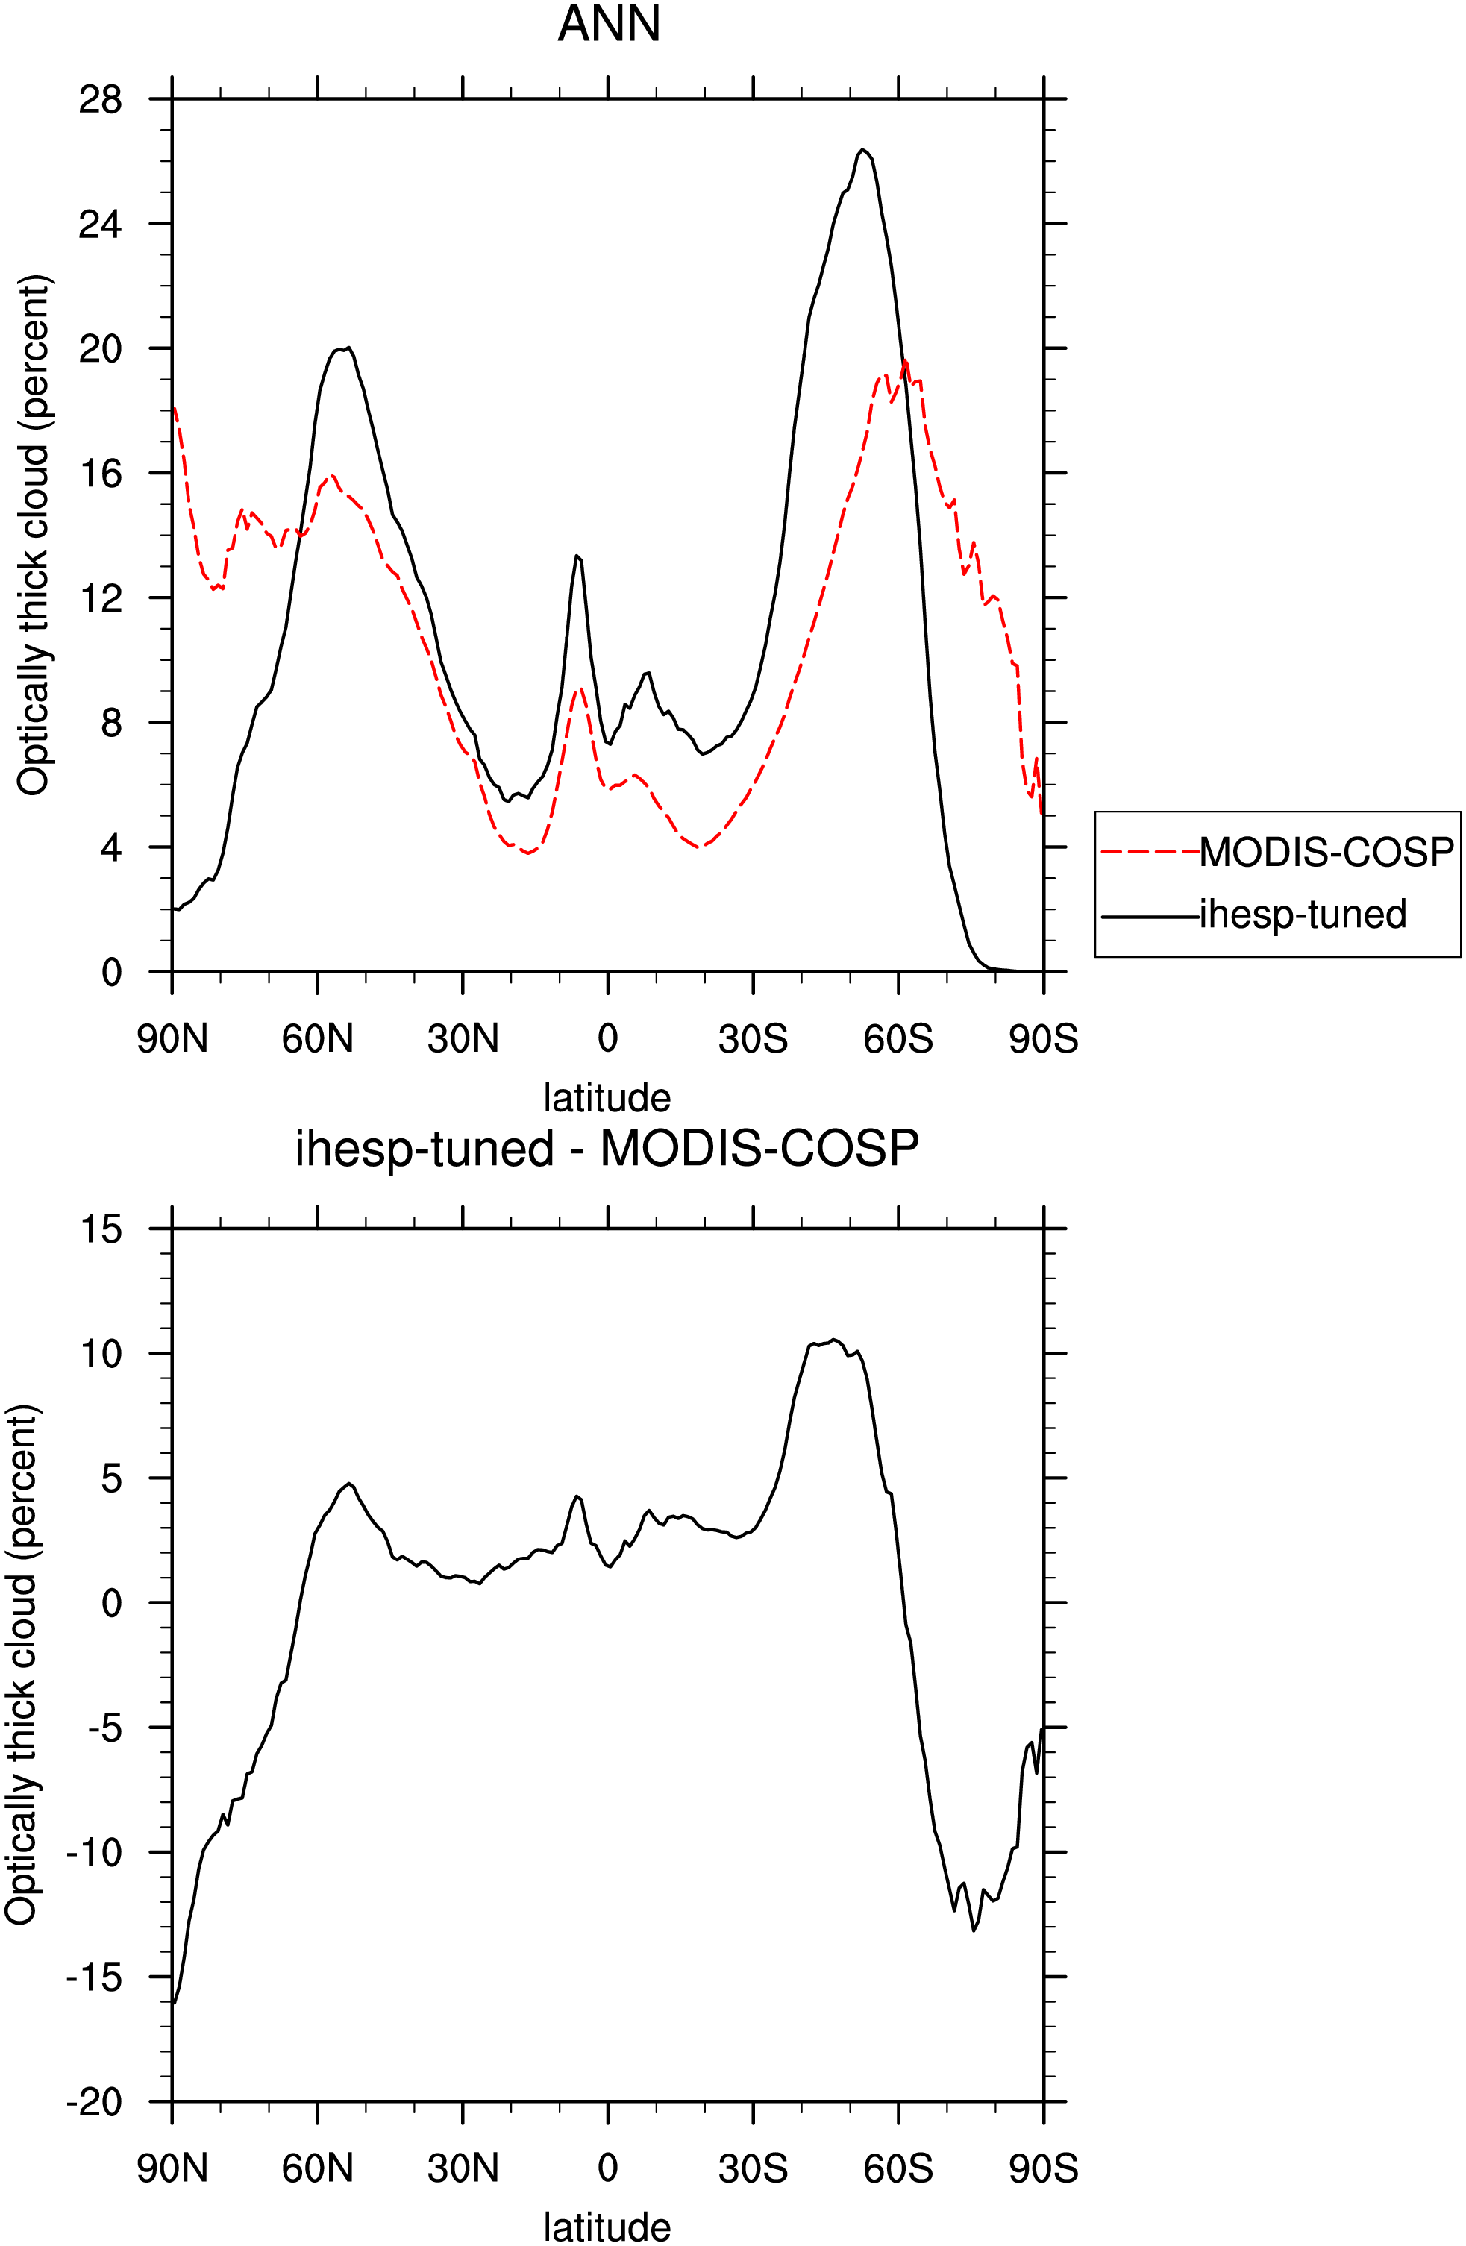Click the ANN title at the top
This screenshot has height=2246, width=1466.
tap(609, 24)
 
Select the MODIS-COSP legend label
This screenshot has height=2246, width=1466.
tap(1326, 852)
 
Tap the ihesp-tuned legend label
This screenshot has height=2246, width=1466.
tap(1303, 914)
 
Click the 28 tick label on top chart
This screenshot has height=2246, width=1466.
tap(100, 99)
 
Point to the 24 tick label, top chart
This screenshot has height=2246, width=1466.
tap(100, 224)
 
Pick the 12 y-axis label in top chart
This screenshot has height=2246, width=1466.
tap(100, 597)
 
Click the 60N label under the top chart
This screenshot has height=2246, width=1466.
tap(317, 1039)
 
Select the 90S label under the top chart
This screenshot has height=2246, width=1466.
tap(1043, 1039)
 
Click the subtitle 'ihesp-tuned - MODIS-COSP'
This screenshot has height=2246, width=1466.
tap(607, 1149)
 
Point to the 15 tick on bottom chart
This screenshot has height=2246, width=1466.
tap(100, 1229)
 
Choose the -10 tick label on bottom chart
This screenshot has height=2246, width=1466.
tap(95, 1851)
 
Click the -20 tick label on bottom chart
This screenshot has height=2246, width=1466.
tap(95, 2101)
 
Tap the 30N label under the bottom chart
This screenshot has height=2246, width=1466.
tap(463, 2168)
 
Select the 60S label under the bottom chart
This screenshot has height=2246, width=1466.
tap(898, 2168)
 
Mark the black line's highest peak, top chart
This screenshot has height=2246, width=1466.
tap(862, 149)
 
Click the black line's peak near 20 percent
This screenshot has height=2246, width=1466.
tap(348, 348)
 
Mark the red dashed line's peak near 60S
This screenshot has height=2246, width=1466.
tap(905, 360)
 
